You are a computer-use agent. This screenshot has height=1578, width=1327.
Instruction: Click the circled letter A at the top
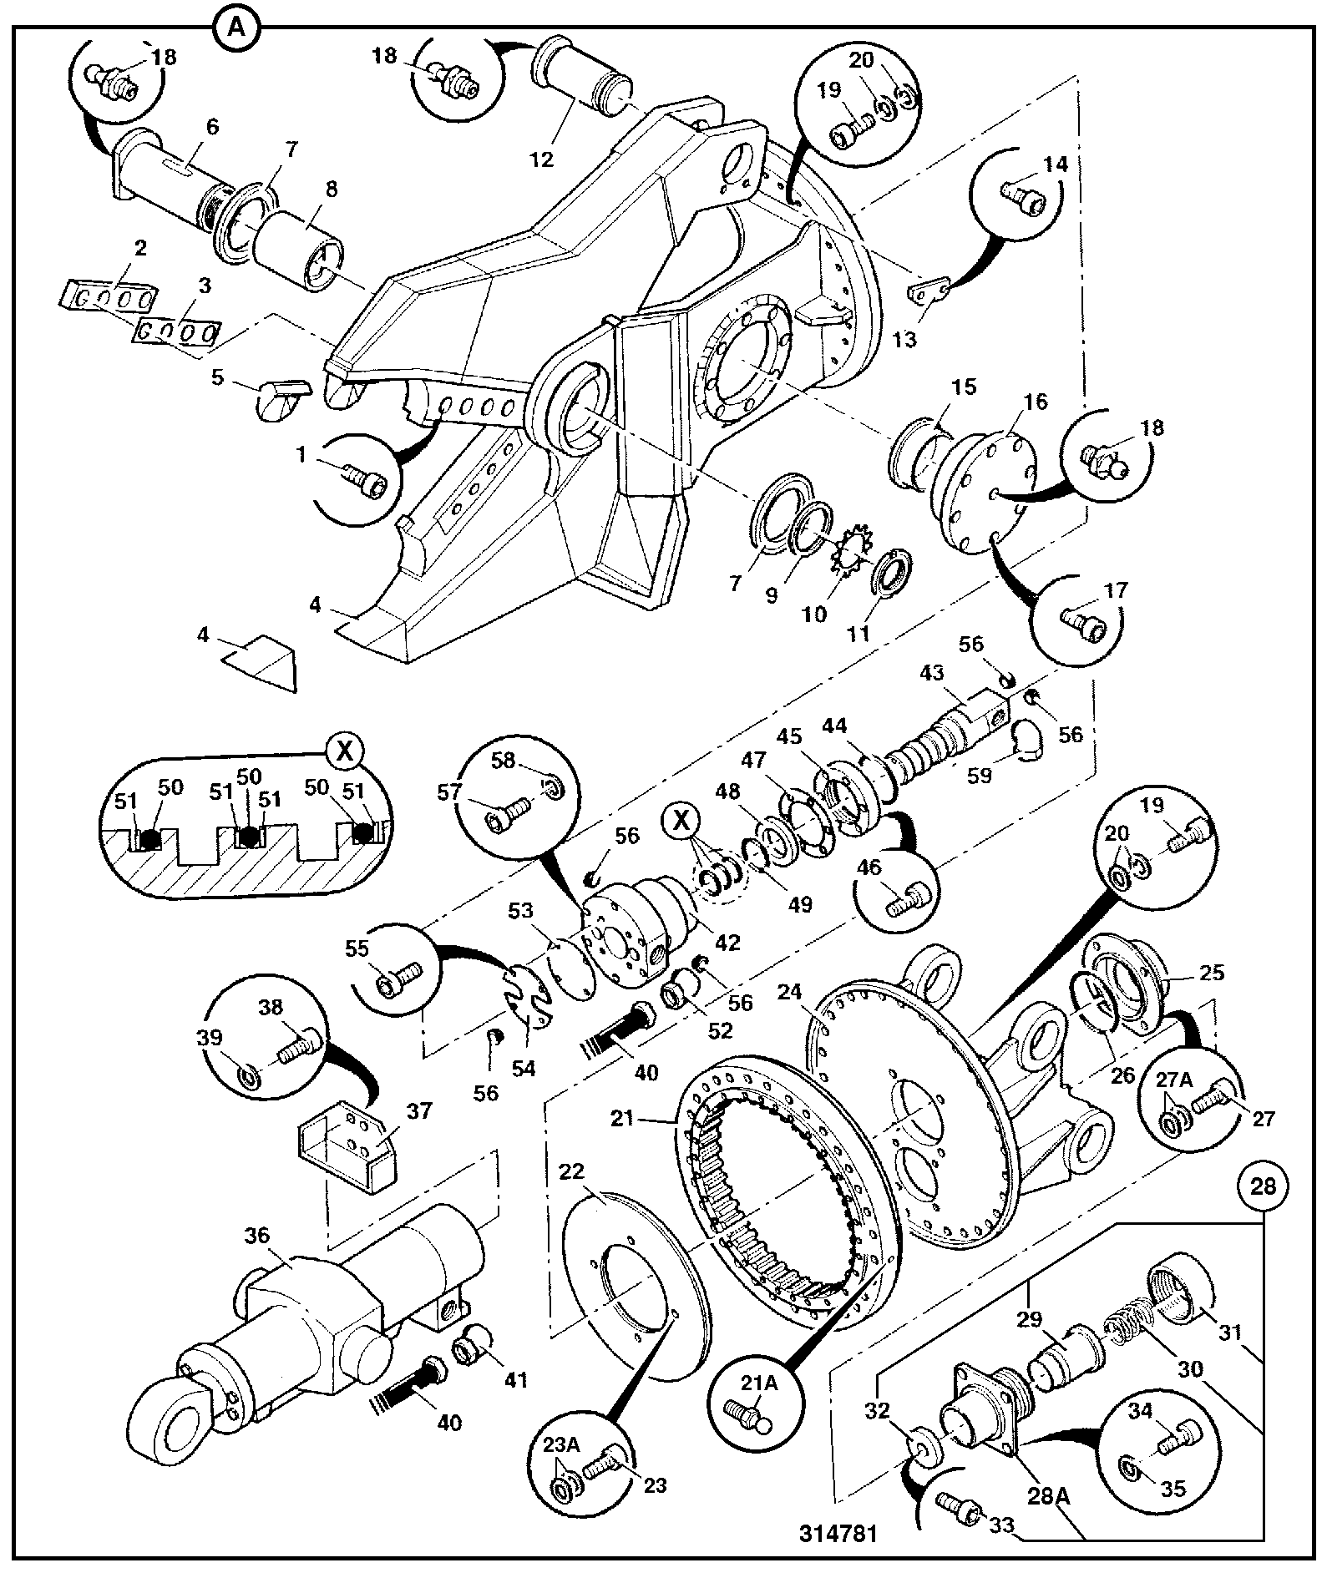click(x=236, y=28)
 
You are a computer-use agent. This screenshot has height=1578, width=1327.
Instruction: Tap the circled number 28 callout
click(x=1264, y=1186)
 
